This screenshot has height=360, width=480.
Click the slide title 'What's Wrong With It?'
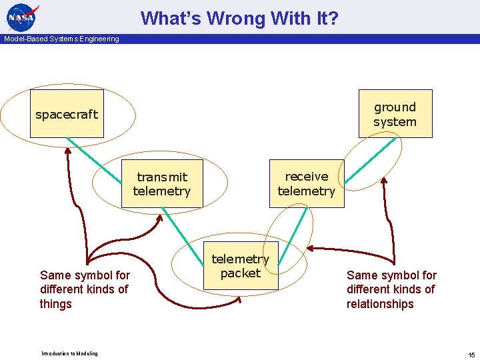coord(239,18)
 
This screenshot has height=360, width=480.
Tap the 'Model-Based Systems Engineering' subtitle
coord(61,39)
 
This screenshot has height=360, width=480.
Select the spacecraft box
coord(67,114)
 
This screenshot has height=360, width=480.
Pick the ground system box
coord(395,114)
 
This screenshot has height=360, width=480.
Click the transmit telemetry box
coord(161,184)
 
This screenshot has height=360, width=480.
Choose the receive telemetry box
coord(306,183)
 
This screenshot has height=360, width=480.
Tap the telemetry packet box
coord(240,265)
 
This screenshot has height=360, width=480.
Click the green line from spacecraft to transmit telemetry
coord(93,160)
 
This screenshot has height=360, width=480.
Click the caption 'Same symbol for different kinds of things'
coord(85,289)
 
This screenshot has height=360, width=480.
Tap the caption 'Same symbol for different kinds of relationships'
coord(391,289)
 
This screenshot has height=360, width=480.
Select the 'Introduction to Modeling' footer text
coord(69,353)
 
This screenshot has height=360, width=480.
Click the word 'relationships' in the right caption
coord(380,304)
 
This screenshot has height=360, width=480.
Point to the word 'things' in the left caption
coord(56,304)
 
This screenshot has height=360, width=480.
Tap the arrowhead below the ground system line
coord(383,183)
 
